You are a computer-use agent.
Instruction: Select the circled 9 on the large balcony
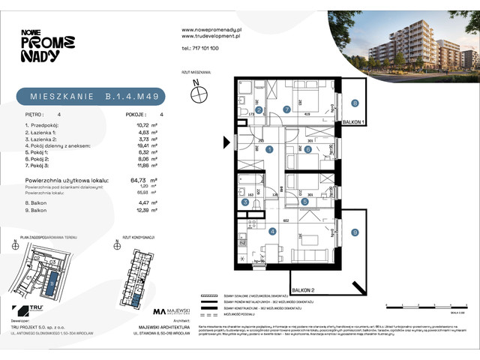coord(355,232)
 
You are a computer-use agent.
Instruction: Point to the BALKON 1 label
coord(352,121)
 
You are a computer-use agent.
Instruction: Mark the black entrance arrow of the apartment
coord(225,140)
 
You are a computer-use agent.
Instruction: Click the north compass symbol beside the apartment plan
coord(199,94)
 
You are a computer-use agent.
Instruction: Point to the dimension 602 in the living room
coord(286,220)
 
